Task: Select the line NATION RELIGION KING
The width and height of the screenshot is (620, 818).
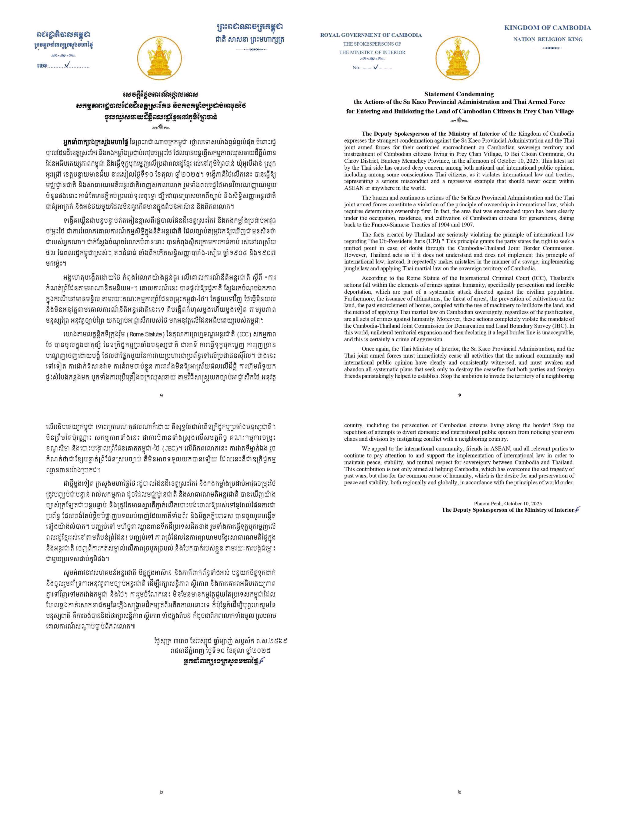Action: (548, 39)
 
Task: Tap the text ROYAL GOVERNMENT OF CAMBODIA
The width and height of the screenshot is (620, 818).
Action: (371, 35)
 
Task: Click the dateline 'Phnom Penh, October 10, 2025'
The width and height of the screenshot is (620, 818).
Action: (508, 503)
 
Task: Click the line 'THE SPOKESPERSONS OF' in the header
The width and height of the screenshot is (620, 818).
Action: (372, 44)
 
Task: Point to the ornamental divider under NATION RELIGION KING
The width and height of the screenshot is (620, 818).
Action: (548, 48)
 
